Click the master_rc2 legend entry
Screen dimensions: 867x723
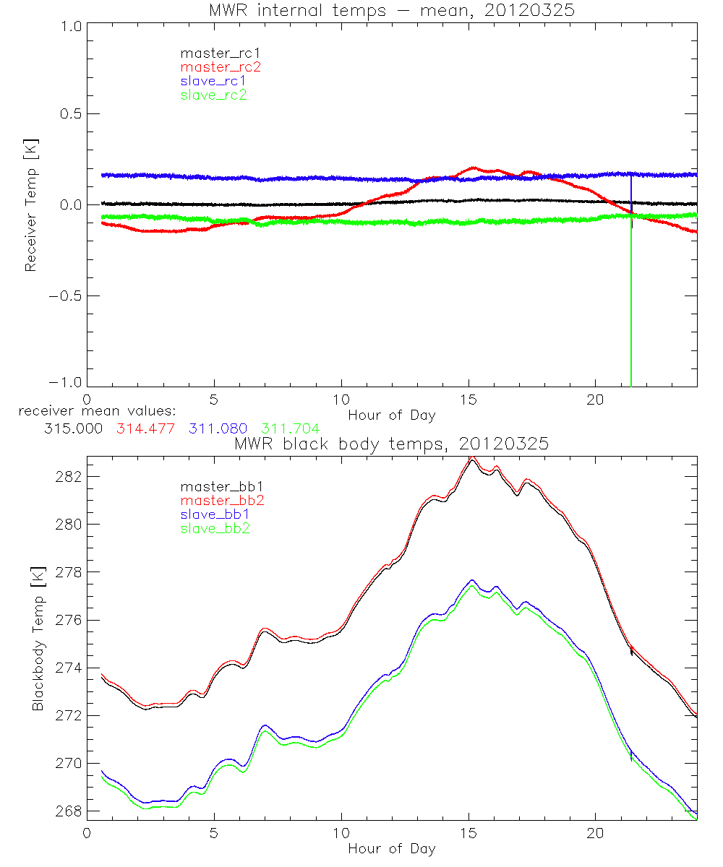[221, 66]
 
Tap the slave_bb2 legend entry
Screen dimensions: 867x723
[216, 530]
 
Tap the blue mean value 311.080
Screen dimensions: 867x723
[216, 429]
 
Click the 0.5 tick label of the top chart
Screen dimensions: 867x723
[69, 114]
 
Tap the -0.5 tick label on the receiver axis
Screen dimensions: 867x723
[66, 296]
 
